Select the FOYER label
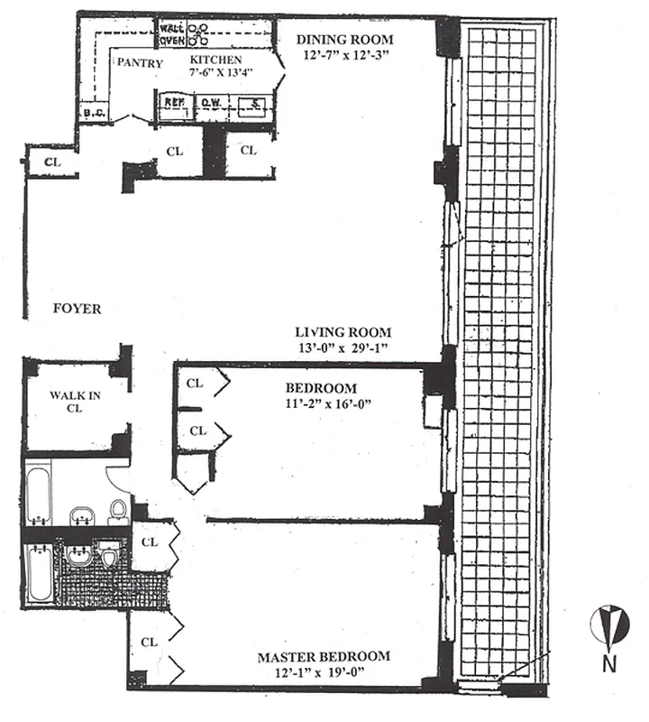[x=77, y=309]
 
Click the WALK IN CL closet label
[x=74, y=401]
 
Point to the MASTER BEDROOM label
[x=324, y=656]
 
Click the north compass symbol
[x=609, y=625]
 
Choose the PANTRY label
[x=140, y=63]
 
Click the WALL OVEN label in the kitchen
[x=172, y=33]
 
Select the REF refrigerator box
[x=174, y=104]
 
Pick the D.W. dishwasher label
[x=213, y=104]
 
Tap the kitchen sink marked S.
[x=256, y=104]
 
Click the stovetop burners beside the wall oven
[x=197, y=34]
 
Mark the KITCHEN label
[x=215, y=60]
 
